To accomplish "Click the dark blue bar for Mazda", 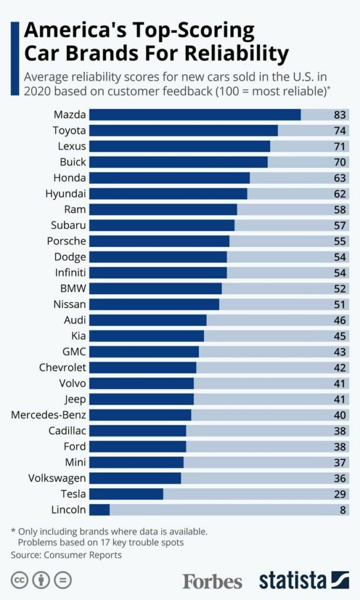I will pyautogui.click(x=195, y=114).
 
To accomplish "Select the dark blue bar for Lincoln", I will pyautogui.click(x=99, y=509).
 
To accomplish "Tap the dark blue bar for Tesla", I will pyautogui.click(x=126, y=493).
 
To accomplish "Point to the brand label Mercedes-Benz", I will pyautogui.click(x=49, y=415).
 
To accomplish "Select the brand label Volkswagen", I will pyautogui.click(x=57, y=478).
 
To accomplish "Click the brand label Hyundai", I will pyautogui.click(x=66, y=193).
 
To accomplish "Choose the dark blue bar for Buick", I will pyautogui.click(x=178, y=162).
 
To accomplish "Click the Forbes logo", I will pyautogui.click(x=212, y=581).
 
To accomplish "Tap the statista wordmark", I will pyautogui.click(x=293, y=580).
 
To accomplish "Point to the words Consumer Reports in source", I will pyautogui.click(x=82, y=554).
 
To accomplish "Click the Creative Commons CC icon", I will pyautogui.click(x=19, y=580).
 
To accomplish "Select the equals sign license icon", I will pyautogui.click(x=63, y=580).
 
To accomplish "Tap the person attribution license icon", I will pyautogui.click(x=41, y=580).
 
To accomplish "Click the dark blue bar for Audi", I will pyautogui.click(x=148, y=320).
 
